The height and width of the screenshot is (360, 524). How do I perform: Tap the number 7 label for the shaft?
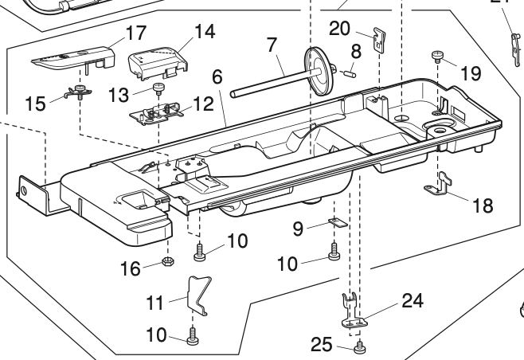point(272,45)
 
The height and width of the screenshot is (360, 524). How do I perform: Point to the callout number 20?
point(339,28)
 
